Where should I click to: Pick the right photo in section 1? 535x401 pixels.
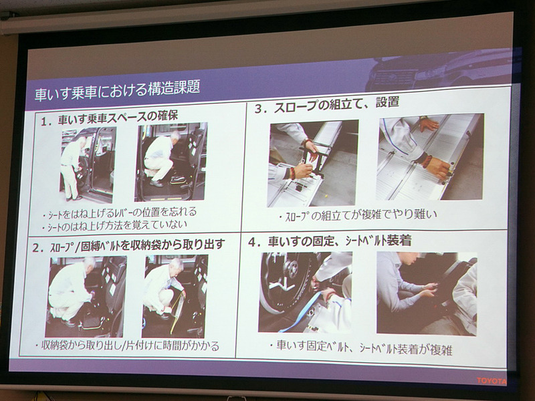tap(171, 160)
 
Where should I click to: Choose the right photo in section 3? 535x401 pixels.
tap(428, 156)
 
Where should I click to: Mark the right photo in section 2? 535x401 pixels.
tap(174, 295)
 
